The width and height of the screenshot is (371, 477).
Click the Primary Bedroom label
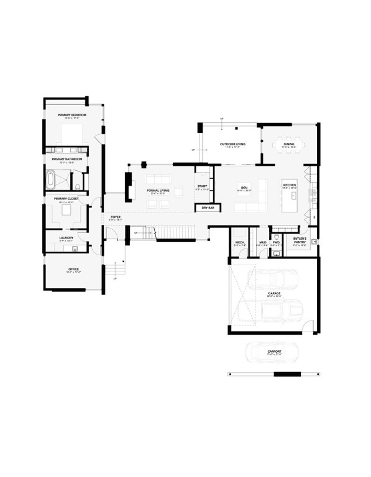point(71,116)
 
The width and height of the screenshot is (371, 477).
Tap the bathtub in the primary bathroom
point(50,181)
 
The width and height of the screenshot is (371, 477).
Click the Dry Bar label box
point(208,208)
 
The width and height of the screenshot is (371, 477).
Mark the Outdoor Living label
point(233,143)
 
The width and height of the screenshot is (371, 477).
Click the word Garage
point(274,293)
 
